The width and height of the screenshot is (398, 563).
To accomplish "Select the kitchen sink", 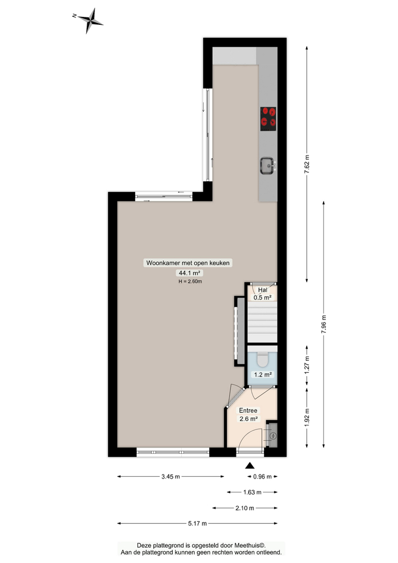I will pyautogui.click(x=267, y=165).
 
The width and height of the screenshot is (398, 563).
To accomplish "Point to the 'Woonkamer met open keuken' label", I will pyautogui.click(x=189, y=263).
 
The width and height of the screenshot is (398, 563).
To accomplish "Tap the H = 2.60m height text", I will pyautogui.click(x=190, y=281).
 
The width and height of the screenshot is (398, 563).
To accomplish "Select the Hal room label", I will pyautogui.click(x=263, y=289).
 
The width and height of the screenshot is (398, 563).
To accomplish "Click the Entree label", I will pyautogui.click(x=248, y=410).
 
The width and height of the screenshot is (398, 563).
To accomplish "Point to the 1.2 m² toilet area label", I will pyautogui.click(x=263, y=374).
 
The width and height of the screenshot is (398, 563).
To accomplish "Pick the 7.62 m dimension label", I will pyautogui.click(x=307, y=164).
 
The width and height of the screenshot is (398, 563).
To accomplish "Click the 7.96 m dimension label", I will pyautogui.click(x=323, y=323).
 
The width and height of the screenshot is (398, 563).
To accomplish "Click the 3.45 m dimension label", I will pyautogui.click(x=170, y=476).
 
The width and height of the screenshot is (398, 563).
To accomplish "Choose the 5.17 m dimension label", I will pyautogui.click(x=198, y=524).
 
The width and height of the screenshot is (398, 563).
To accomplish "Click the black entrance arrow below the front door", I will pyautogui.click(x=250, y=465).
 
